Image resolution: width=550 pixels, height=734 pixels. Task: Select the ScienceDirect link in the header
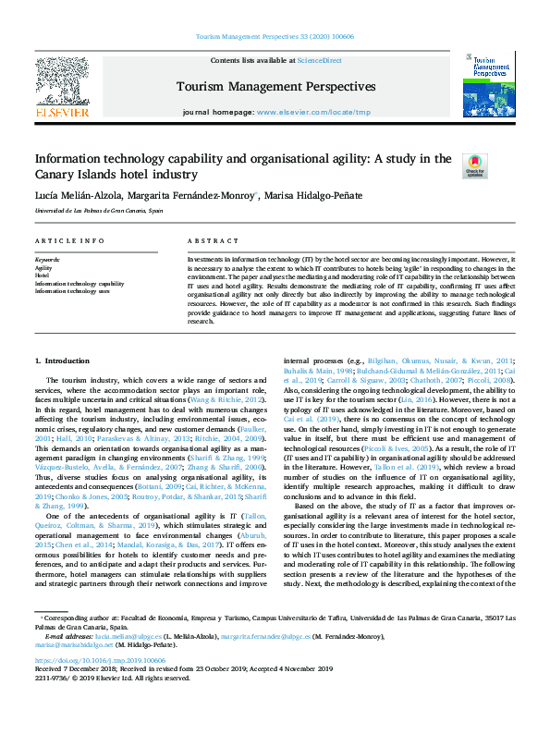[x=319, y=60]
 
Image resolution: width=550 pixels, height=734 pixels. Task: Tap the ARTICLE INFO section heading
[x=69, y=240]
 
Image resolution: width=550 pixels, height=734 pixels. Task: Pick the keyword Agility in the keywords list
[x=43, y=267]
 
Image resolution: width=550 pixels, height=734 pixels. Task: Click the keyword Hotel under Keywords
[x=42, y=275]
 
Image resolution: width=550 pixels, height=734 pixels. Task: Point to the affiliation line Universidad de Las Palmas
[x=99, y=211]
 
